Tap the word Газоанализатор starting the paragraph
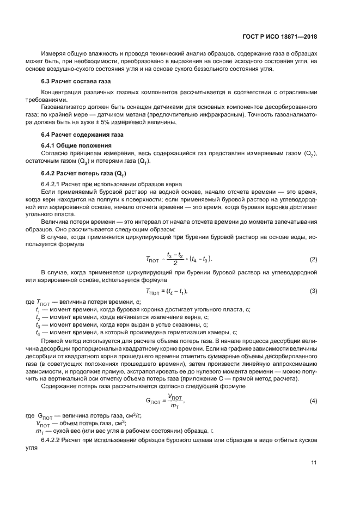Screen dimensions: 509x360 tap(64, 108)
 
